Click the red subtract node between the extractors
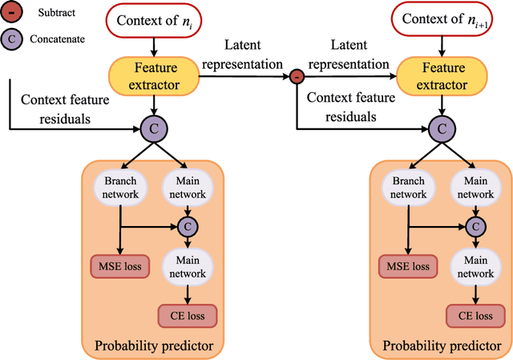pyautogui.click(x=296, y=77)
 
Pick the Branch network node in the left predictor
pyautogui.click(x=119, y=188)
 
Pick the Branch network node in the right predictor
pyautogui.click(x=408, y=188)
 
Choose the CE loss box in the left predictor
pyautogui.click(x=186, y=316)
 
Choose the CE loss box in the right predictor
pyautogui.click(x=475, y=316)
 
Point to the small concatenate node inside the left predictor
pyautogui.click(x=186, y=226)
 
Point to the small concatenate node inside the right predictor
pyautogui.click(x=475, y=226)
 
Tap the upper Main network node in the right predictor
pyautogui.click(x=475, y=188)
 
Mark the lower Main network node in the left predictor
pyautogui.click(x=186, y=268)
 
